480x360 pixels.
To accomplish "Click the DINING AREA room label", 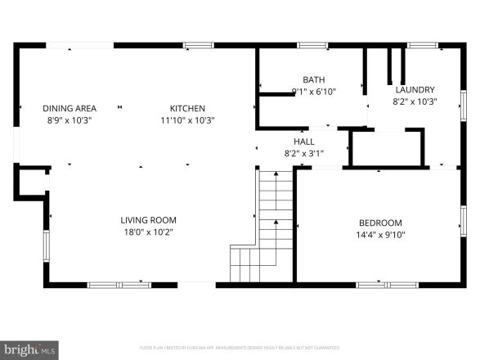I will click(x=70, y=108).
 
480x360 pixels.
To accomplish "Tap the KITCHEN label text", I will click(x=187, y=108).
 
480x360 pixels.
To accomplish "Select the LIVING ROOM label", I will click(x=148, y=220).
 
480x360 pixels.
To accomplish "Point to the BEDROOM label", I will click(x=380, y=223).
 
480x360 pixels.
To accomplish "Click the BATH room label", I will click(x=313, y=79).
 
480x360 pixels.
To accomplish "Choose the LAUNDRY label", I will click(x=415, y=90).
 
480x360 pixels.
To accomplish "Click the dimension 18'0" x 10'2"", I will click(x=148, y=232).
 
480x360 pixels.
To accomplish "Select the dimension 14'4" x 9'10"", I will click(x=380, y=235).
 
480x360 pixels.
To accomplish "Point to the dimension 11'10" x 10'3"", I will click(x=187, y=120).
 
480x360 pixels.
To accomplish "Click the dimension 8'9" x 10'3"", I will click(x=70, y=120).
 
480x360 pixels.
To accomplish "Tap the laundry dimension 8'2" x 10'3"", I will click(x=415, y=102).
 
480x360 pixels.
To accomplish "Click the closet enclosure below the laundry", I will click(x=387, y=148).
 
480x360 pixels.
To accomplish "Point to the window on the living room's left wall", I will click(x=47, y=244).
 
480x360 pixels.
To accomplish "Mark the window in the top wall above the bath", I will click(x=312, y=45).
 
